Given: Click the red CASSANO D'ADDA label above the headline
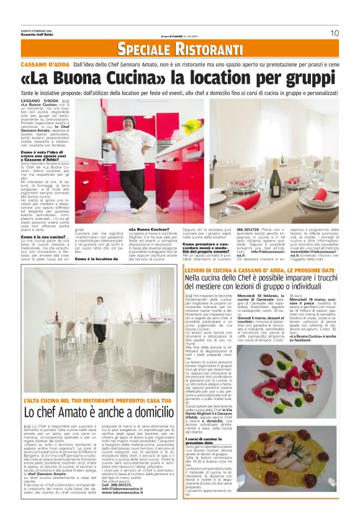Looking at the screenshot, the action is [x=45, y=64].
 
